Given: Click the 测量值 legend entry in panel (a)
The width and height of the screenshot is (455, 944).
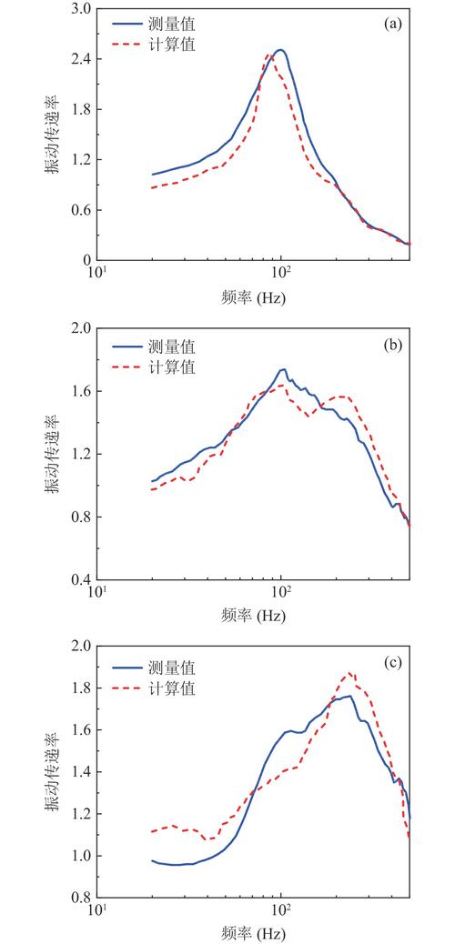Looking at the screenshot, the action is pyautogui.click(x=154, y=25).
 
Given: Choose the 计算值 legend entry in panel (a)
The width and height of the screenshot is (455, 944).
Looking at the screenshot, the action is pyautogui.click(x=154, y=45).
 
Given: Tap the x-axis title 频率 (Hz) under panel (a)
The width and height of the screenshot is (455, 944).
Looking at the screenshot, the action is pyautogui.click(x=254, y=297).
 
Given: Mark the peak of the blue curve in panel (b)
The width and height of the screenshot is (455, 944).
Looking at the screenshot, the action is pyautogui.click(x=283, y=369).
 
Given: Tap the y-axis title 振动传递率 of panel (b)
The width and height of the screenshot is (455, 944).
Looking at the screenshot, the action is pyautogui.click(x=52, y=454).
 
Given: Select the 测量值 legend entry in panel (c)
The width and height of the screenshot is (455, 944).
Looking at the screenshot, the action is pyautogui.click(x=154, y=667).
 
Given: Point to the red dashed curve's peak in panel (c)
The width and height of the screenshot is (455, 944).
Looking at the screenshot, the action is pyautogui.click(x=349, y=673).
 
